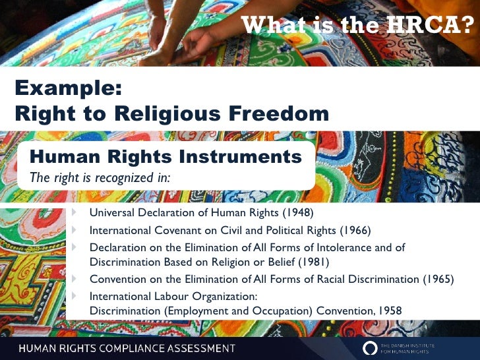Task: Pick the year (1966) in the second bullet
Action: point(355,230)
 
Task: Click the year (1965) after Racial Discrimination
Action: point(438,279)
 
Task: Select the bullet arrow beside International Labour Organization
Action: point(75,295)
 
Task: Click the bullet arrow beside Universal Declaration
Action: point(75,212)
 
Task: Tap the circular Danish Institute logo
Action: point(371,347)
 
